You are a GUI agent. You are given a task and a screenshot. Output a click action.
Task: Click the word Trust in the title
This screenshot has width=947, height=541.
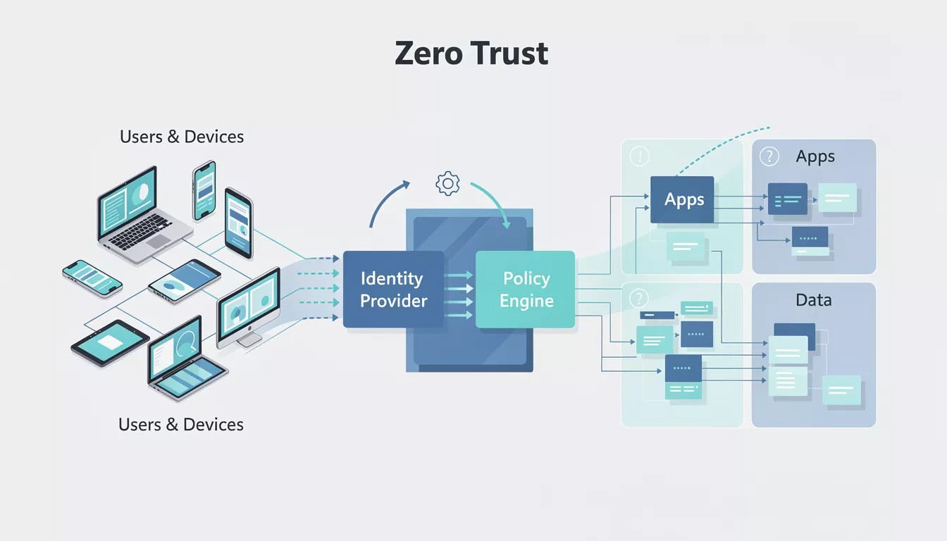509,54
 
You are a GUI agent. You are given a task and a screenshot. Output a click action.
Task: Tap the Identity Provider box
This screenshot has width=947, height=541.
393,290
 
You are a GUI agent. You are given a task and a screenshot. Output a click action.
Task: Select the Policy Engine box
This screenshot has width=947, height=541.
526,290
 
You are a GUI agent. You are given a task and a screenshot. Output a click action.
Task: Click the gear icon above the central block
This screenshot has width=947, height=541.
447,183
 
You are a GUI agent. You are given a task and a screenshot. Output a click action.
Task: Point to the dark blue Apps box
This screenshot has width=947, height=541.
682,199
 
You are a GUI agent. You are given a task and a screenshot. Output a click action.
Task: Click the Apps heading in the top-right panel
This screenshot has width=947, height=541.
815,156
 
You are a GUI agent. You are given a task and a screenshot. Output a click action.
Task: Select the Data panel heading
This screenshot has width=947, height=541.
813,300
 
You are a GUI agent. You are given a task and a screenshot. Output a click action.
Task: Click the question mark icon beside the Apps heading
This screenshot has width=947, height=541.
769,156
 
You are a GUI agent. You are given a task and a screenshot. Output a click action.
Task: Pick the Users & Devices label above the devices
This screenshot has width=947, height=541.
182,137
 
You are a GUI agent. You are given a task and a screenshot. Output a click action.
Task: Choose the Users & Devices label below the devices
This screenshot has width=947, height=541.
181,425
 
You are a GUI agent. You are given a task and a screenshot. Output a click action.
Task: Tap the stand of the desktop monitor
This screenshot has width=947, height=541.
248,340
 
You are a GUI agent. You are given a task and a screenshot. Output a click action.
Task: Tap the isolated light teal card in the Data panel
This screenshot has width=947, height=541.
841,390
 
